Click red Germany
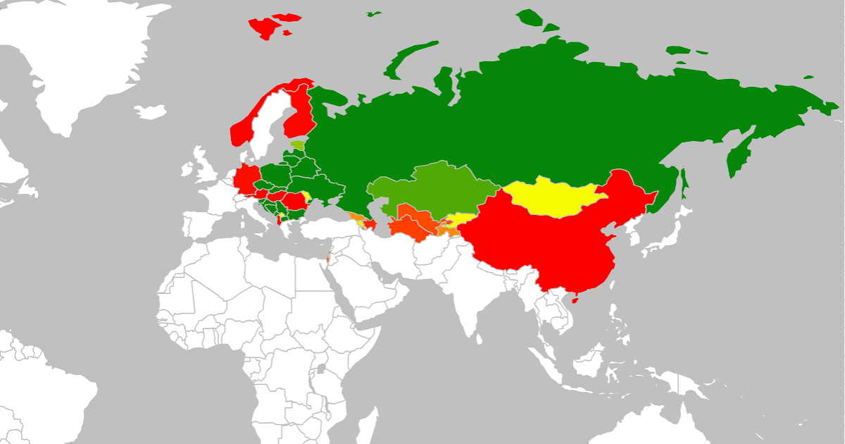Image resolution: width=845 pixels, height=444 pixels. [x=247, y=179]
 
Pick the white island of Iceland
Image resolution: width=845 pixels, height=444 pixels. [x=151, y=111]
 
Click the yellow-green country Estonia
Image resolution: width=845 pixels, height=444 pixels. [x=299, y=145]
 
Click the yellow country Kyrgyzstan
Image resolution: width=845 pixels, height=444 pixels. [x=461, y=219]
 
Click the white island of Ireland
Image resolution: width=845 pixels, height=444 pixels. [x=187, y=170]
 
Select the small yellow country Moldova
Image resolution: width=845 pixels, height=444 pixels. [x=306, y=195]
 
